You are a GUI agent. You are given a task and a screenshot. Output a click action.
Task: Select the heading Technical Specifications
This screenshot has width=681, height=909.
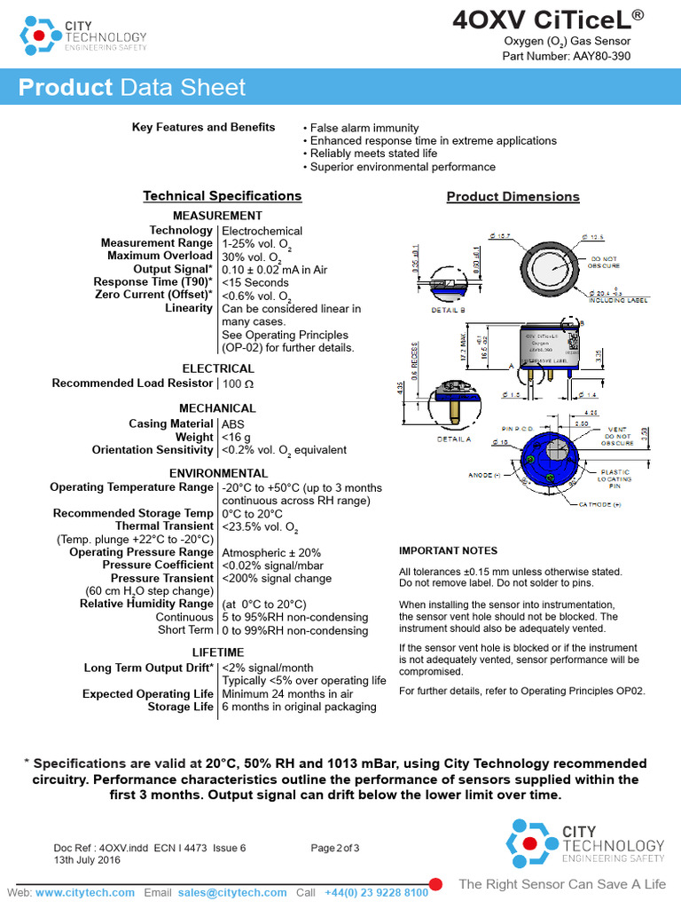(x=223, y=196)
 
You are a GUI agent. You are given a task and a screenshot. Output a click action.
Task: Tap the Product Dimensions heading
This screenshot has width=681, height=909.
(x=513, y=197)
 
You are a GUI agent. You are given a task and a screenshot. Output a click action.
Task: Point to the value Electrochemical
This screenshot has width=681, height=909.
(x=262, y=231)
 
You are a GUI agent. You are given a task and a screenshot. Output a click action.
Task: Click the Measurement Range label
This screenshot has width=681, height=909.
(x=157, y=243)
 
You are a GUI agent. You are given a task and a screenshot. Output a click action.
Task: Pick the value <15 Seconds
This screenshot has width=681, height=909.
(x=255, y=282)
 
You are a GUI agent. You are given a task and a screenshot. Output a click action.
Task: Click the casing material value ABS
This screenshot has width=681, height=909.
(x=233, y=424)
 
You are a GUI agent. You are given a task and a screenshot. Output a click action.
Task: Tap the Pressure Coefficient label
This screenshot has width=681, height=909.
(x=158, y=565)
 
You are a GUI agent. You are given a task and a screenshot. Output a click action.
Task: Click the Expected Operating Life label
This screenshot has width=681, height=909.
(x=148, y=694)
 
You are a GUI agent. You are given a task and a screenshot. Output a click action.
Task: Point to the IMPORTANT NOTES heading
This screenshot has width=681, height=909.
(x=448, y=551)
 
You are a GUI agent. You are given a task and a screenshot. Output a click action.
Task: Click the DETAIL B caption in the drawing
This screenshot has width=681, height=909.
(x=448, y=311)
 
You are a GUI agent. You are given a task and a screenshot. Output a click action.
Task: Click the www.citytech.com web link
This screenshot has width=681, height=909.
(x=85, y=892)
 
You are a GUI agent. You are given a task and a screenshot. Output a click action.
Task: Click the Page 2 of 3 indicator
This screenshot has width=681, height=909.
(x=335, y=848)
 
